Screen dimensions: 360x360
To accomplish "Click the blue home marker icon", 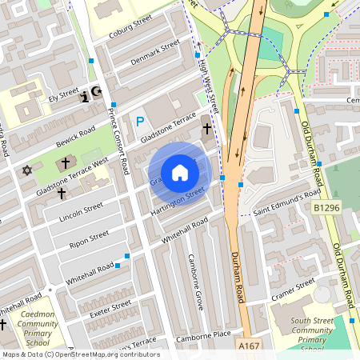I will [180, 173].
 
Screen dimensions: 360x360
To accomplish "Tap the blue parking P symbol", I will [140, 122].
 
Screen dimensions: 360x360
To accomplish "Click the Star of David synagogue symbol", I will [26, 170].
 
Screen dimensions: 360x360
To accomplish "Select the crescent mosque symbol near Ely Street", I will [98, 93].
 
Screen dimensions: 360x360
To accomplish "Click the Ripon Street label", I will [88, 238].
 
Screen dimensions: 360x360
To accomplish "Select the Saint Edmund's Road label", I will [286, 206].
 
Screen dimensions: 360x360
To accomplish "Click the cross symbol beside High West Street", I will [206, 128].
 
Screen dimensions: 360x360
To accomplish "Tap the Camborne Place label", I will [203, 334].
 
